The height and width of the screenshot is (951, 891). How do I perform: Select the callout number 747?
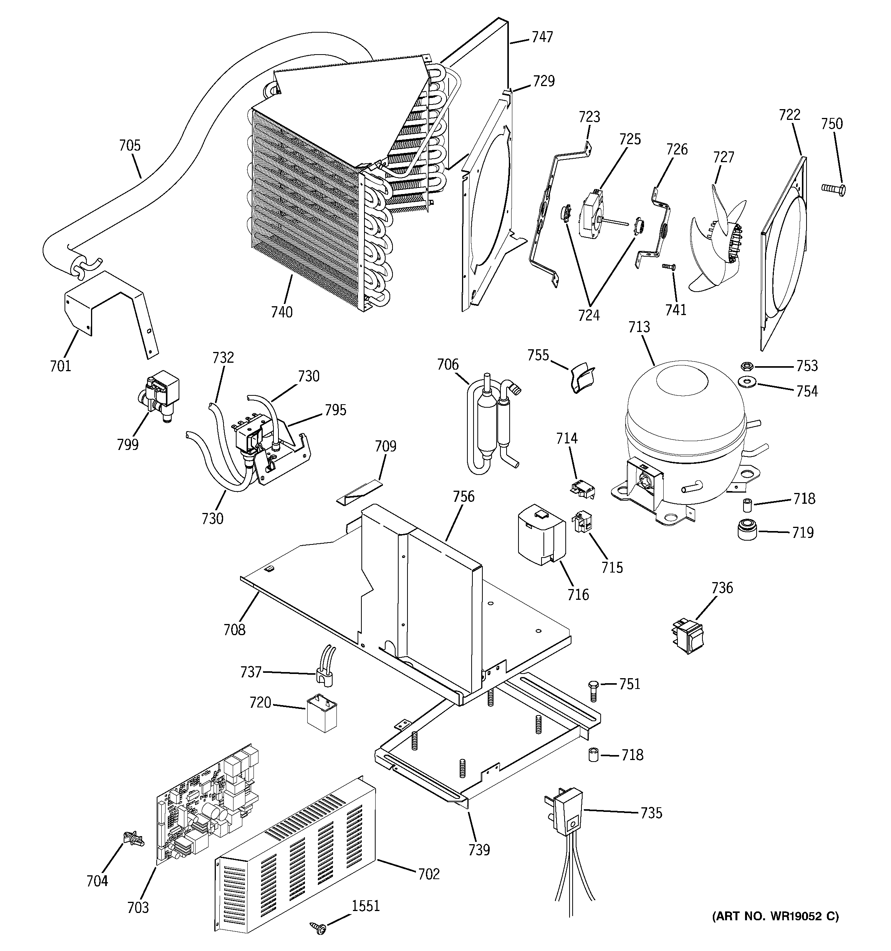click(x=542, y=37)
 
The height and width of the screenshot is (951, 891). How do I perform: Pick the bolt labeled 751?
click(x=593, y=690)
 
